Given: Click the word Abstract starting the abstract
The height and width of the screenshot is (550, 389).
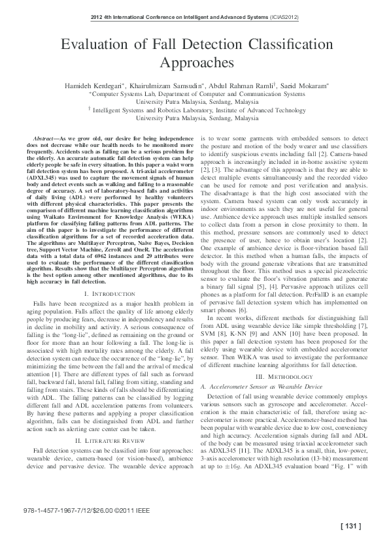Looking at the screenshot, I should [44, 140].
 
